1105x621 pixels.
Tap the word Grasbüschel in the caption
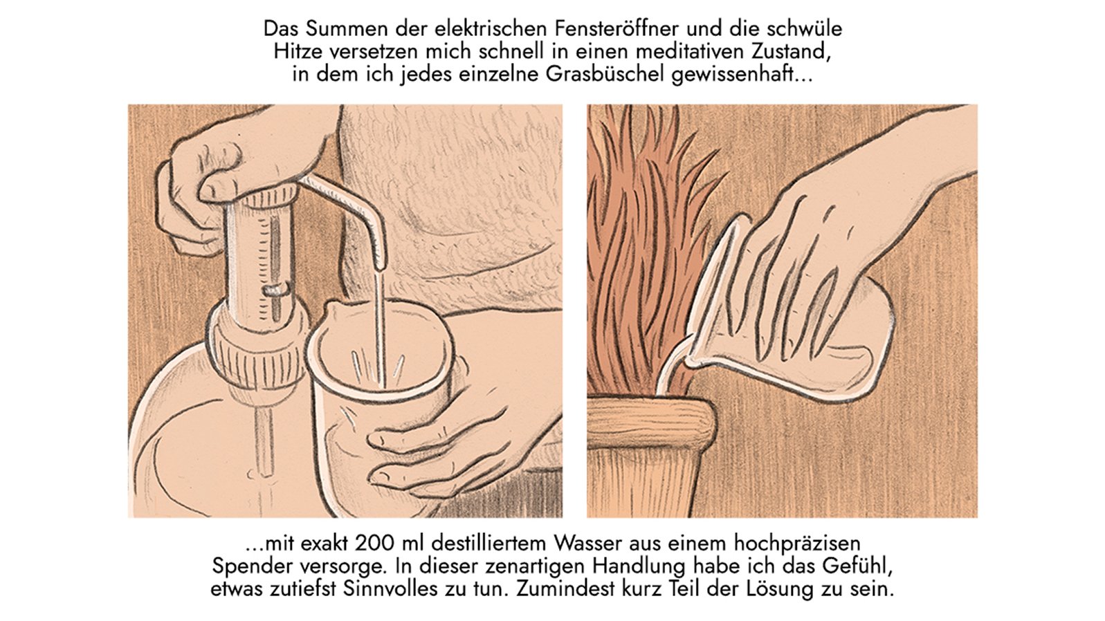click(x=606, y=74)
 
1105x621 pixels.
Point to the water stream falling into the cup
click(x=378, y=325)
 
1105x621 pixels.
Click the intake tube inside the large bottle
click(x=264, y=443)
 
